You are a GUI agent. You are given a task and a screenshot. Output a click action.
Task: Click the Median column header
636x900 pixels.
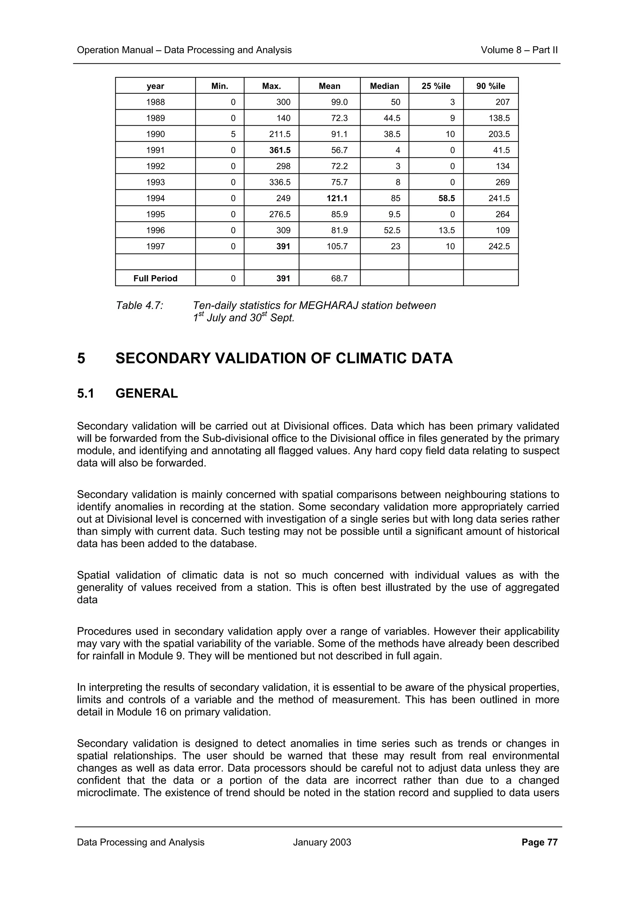384,86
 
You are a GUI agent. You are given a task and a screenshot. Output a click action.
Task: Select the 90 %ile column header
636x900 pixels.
491,86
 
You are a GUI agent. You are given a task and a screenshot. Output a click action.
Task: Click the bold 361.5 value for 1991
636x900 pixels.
280,150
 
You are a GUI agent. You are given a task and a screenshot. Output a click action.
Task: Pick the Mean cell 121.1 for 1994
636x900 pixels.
337,198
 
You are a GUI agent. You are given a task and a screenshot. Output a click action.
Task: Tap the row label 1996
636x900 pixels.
156,230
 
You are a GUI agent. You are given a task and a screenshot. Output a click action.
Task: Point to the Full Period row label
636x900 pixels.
155,278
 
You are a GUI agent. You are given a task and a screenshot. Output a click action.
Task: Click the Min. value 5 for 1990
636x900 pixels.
233,134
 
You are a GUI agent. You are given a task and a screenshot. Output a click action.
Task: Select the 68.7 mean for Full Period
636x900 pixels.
339,278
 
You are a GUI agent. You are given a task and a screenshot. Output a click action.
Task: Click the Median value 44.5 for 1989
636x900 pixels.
392,118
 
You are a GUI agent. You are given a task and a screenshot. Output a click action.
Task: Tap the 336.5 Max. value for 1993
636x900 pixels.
280,182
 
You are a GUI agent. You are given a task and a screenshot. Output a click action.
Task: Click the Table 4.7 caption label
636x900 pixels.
139,305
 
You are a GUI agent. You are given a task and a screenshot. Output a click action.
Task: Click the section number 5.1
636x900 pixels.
85,393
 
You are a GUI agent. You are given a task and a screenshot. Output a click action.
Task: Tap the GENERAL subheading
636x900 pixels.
147,393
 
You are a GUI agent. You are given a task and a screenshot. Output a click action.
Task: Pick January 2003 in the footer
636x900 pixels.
322,842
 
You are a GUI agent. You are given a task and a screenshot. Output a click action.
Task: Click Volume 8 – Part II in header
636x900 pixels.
519,50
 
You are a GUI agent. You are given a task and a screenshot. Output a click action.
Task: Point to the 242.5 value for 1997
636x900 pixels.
499,247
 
